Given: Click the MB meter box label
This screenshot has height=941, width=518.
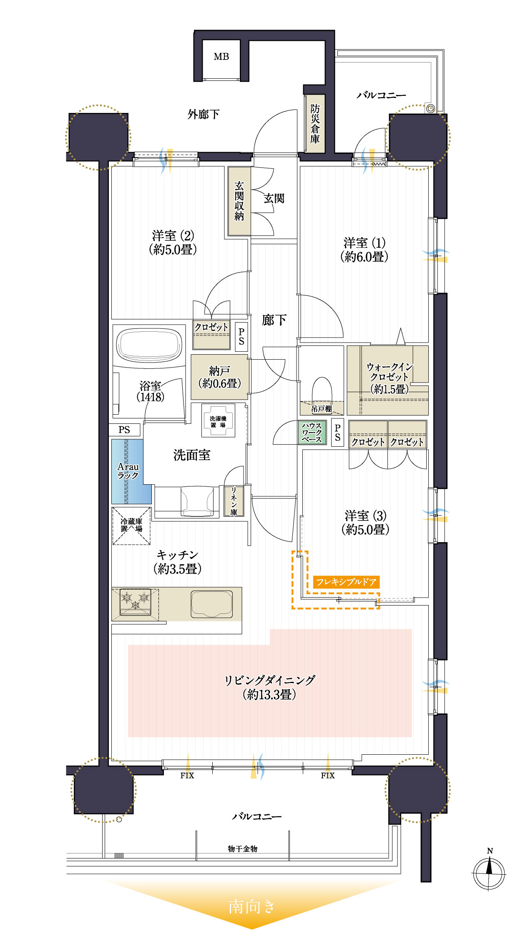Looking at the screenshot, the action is pos(221,57).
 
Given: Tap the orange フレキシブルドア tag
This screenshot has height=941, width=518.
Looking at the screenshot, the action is pos(346,582).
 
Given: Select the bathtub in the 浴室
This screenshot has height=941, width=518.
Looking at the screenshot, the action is pos(149,346).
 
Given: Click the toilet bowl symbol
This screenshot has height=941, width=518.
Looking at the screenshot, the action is pos(322,390).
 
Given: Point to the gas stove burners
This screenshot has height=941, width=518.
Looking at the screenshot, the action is pos(135,602).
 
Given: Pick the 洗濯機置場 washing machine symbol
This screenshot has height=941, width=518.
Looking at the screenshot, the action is pos(218,421).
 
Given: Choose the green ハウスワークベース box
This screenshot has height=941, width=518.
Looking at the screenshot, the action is pos(312,433).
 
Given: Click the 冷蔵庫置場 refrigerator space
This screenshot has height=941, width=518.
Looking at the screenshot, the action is pos(131,526).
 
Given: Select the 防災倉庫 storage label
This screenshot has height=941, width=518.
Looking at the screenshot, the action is pos(315,124).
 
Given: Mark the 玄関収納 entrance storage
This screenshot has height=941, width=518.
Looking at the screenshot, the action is pos(239,201).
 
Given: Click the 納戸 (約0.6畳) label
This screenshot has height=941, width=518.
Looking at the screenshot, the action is pos(219,377).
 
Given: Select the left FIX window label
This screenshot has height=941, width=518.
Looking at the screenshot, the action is pos(187,776).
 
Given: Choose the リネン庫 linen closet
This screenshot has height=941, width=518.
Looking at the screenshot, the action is pos(234,501).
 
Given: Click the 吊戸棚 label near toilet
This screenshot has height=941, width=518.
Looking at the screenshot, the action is pos(322,409).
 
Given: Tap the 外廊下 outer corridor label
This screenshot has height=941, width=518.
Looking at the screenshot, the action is pos(204,114).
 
